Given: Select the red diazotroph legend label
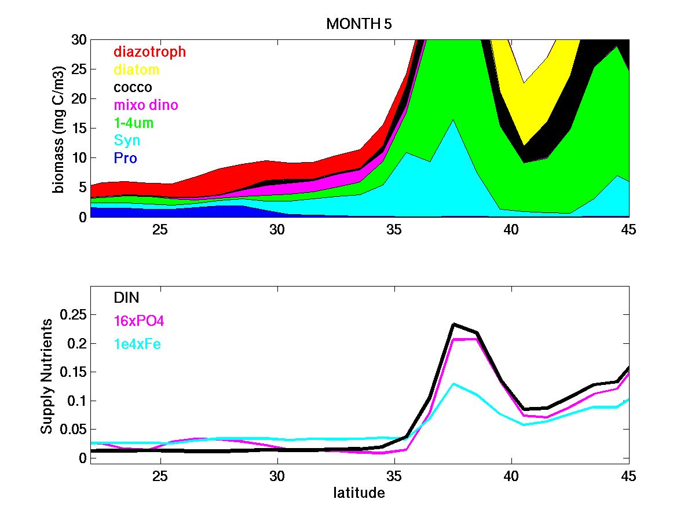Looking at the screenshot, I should coord(149,52).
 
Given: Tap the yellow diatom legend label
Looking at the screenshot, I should coord(136,69).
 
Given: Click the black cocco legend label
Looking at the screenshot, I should coord(133,87).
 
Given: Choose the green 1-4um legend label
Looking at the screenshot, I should coord(134,123).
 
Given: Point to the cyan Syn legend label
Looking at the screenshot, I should coord(127,141).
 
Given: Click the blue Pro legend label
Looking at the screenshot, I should coord(125,158).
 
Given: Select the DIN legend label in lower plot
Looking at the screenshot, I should coord(126,298).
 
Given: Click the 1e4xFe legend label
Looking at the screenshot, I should coord(137,344).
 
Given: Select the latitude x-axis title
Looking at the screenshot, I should coord(359,493).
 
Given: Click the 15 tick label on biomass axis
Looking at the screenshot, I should coord(78,128).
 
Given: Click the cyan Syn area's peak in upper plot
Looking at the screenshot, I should coord(453,120).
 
